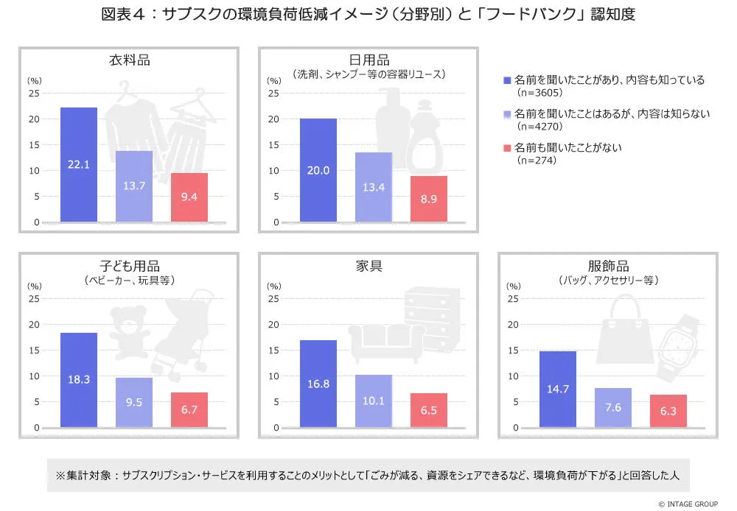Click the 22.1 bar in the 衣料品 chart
pos(79,164)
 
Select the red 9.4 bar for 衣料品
pos(189,197)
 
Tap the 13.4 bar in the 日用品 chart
pos(374,187)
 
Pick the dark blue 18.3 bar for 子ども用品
pos(79,380)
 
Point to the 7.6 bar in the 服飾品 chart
pos(613,407)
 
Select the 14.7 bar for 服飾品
pos(558,389)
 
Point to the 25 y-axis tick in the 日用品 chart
pos(273,94)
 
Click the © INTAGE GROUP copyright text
pos(688,504)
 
